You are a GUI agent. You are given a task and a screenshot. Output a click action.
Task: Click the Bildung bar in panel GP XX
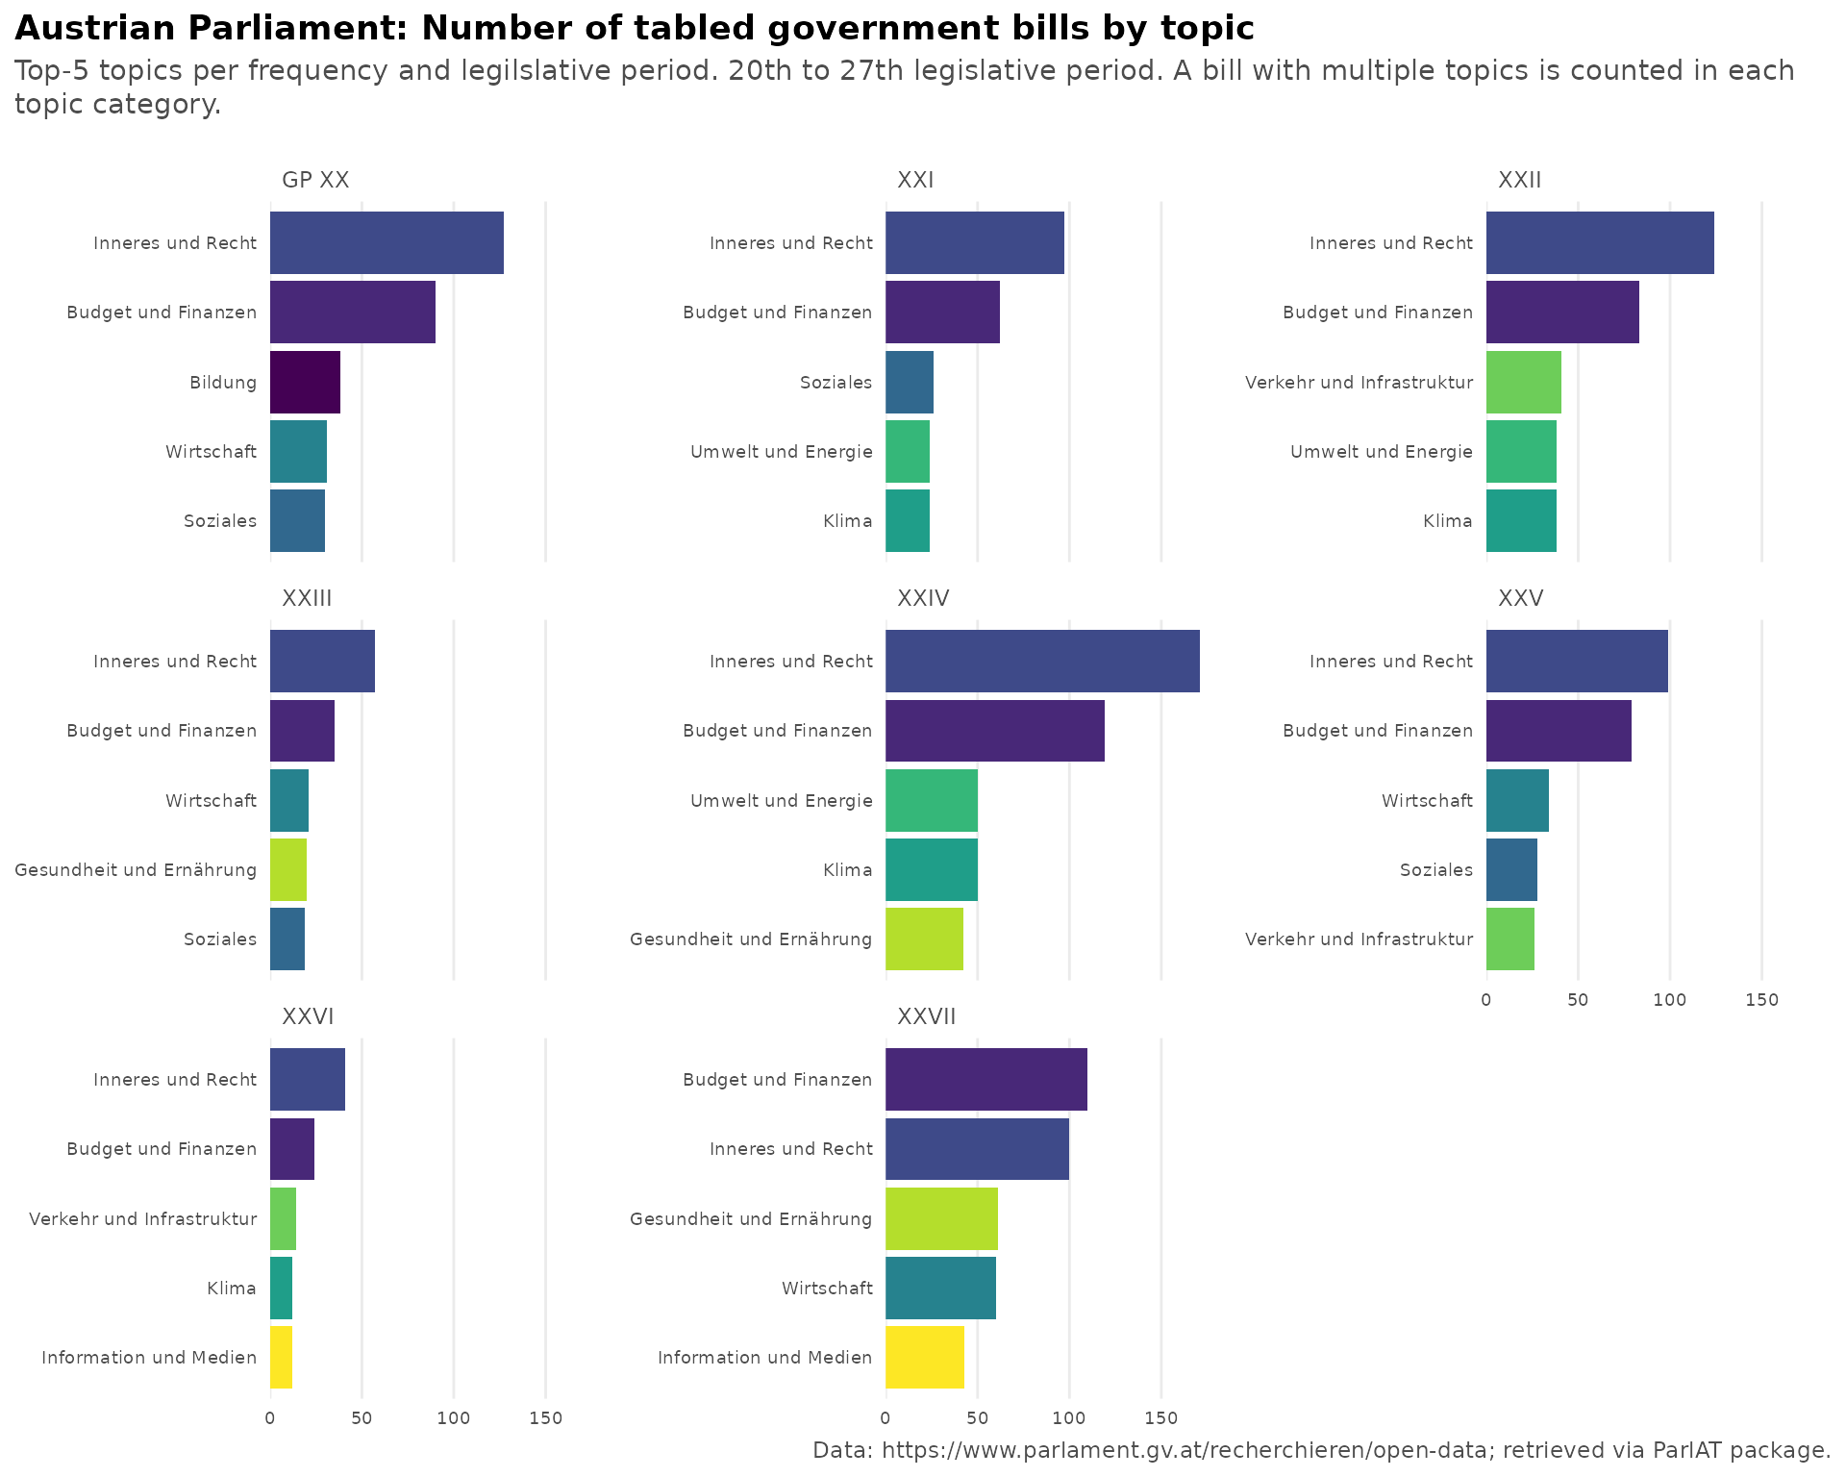[305, 382]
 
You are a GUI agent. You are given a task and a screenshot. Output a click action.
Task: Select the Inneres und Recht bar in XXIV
[1042, 661]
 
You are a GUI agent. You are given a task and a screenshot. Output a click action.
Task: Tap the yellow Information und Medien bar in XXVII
[924, 1357]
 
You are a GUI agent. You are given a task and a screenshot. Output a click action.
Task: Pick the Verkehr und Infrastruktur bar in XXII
[1523, 382]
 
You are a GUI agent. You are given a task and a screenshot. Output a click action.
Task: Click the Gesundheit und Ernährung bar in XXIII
[288, 869]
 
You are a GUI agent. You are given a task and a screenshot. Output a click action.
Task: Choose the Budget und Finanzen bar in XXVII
[985, 1079]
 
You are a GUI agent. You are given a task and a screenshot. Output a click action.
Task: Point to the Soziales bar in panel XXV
[1511, 869]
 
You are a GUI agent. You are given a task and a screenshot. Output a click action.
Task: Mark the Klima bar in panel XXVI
[281, 1288]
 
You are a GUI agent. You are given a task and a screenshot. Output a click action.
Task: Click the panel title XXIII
[307, 598]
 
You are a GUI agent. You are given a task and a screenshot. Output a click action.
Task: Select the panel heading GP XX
[315, 180]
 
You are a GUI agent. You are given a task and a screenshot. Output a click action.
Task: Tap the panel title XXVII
[926, 1016]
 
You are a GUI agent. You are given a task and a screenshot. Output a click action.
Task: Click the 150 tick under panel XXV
[1761, 1000]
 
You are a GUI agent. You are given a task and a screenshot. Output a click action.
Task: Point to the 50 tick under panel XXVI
[362, 1418]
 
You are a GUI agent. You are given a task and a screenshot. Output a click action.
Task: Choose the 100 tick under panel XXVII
[1069, 1418]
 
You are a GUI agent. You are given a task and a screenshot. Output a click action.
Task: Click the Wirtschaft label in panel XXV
[1427, 800]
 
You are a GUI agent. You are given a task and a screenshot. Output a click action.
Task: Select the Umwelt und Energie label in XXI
[781, 451]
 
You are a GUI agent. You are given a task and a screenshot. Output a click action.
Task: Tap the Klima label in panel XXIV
[847, 869]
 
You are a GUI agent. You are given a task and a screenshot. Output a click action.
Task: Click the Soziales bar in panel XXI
[909, 382]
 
